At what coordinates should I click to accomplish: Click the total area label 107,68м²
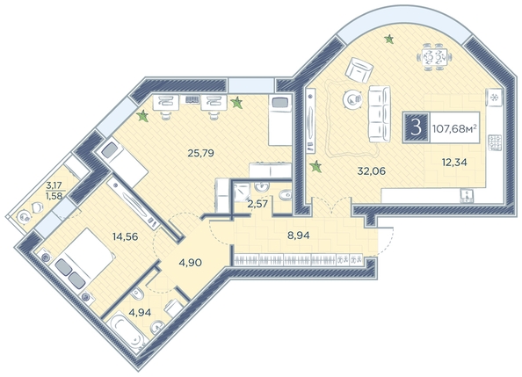tap(454, 128)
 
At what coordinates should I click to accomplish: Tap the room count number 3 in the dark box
tap(416, 127)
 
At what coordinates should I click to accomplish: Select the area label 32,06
tap(371, 171)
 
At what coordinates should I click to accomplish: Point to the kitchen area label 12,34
tap(454, 163)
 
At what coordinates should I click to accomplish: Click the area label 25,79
tap(200, 153)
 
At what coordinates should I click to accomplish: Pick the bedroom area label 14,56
tap(125, 236)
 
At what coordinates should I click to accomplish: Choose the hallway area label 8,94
tap(299, 236)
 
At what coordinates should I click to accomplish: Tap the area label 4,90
tap(190, 263)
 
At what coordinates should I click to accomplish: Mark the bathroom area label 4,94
tap(140, 312)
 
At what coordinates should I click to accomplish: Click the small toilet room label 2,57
tap(257, 204)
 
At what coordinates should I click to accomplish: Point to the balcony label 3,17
tap(54, 185)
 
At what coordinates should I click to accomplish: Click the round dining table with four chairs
tap(434, 57)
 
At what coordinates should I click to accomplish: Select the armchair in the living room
tap(359, 70)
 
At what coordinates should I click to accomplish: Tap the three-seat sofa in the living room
tap(380, 114)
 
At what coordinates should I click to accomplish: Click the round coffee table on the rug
tap(353, 99)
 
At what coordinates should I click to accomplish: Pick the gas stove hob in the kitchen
tap(495, 142)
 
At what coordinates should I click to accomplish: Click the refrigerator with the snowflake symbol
tap(495, 98)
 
